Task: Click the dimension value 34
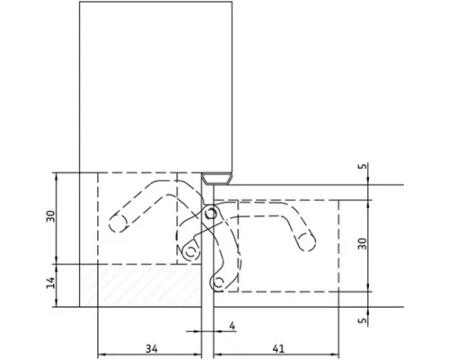151,348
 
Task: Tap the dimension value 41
279,348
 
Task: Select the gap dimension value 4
231,326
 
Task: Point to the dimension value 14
50,283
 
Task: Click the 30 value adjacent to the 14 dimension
50,216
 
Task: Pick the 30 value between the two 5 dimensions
363,243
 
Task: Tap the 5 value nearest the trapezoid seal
363,166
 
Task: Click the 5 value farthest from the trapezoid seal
363,320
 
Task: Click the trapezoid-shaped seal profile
217,178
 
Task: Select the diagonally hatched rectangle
140,285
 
